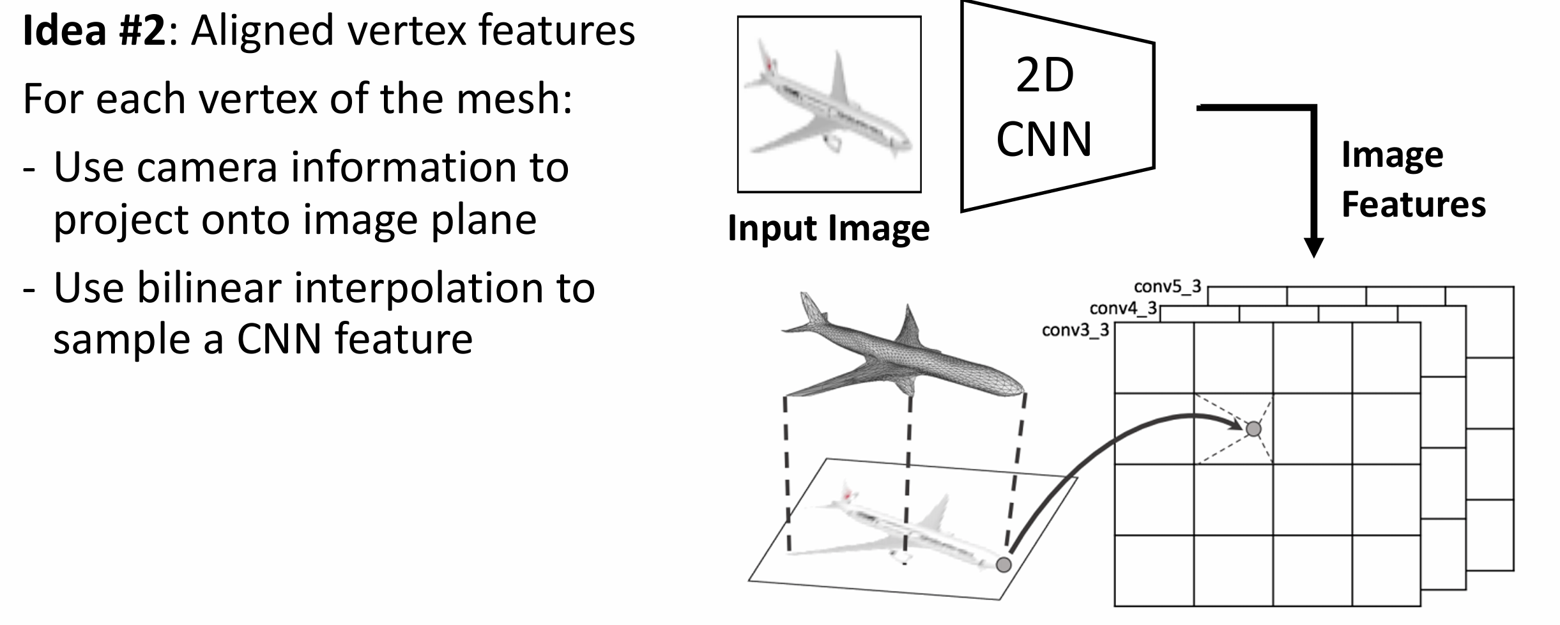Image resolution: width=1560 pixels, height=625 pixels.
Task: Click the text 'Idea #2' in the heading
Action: [x=94, y=30]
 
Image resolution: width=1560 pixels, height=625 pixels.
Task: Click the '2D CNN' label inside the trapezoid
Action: [x=1044, y=107]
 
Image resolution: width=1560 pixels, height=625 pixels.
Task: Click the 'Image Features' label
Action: [x=1413, y=180]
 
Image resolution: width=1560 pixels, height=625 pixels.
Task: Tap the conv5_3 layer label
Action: [x=1168, y=286]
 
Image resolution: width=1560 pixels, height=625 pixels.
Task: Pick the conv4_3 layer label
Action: [x=1124, y=309]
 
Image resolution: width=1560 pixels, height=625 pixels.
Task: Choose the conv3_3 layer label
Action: [x=1076, y=330]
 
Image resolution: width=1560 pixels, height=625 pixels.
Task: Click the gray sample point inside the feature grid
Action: [x=1253, y=429]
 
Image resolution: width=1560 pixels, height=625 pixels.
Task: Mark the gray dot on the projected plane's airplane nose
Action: [x=1004, y=564]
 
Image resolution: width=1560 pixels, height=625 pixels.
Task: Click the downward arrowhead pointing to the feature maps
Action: [x=1313, y=247]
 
